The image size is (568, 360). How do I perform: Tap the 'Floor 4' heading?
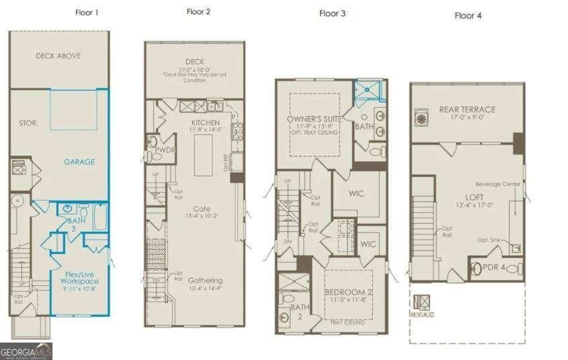[468, 15]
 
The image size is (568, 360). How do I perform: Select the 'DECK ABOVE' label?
[58, 56]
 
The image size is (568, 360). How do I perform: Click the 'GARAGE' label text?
[79, 161]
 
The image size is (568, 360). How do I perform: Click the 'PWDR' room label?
[165, 150]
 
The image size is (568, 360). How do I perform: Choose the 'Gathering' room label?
[206, 280]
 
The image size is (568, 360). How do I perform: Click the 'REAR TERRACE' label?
[467, 109]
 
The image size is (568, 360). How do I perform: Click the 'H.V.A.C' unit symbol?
[421, 302]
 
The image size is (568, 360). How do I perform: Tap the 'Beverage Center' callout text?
[498, 183]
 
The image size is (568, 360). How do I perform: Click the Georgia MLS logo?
[26, 351]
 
